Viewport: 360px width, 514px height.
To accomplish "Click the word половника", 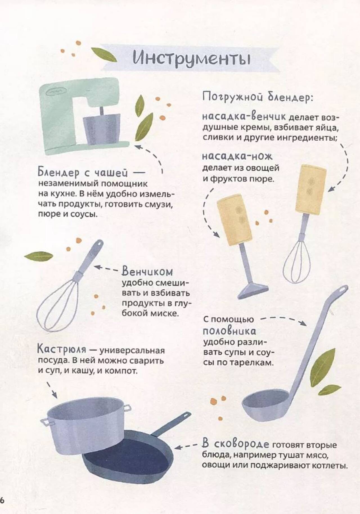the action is [229, 331].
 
